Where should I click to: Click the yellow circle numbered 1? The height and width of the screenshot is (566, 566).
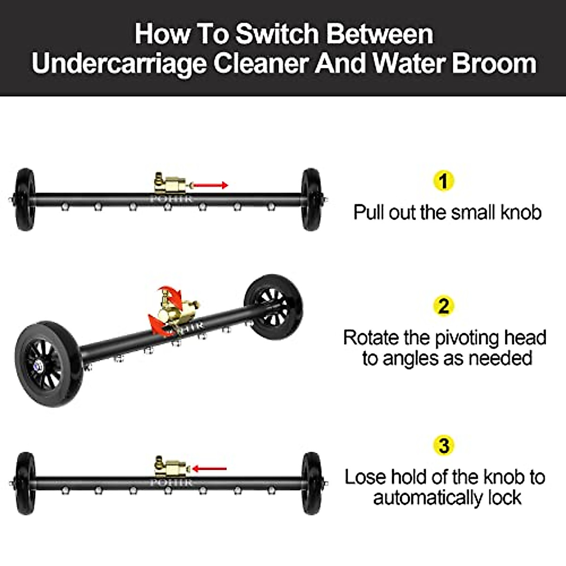(443, 181)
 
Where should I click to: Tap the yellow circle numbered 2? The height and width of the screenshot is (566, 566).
(443, 306)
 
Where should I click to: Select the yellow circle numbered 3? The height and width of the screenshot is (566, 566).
(443, 445)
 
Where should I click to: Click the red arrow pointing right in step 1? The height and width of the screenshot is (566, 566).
(210, 185)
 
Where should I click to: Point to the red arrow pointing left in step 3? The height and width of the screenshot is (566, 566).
(209, 469)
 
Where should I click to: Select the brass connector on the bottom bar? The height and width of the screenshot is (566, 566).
(171, 467)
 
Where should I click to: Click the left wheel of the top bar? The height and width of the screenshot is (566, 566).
(25, 200)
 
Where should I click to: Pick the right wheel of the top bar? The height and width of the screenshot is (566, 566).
(311, 200)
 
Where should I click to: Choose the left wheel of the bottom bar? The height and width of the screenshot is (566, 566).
(25, 483)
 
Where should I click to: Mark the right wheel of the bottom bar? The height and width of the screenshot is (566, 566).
(311, 483)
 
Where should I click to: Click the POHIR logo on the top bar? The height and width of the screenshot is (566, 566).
(171, 200)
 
